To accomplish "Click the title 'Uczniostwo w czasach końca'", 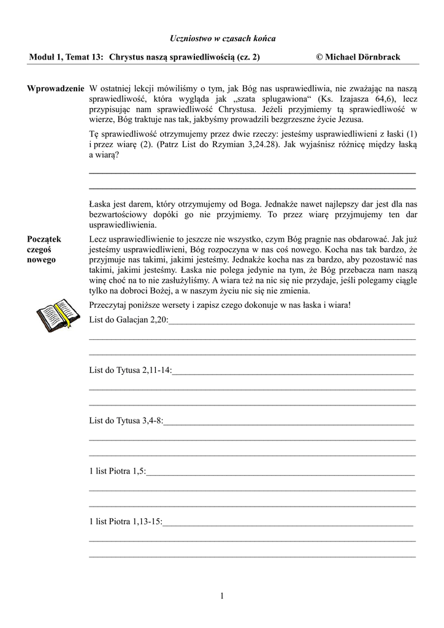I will (x=223, y=39).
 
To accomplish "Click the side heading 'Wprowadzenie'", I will (x=55, y=89).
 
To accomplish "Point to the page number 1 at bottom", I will (x=222, y=595).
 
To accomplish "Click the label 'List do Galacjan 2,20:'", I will (x=128, y=320).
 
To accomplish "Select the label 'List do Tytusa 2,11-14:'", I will (x=131, y=370).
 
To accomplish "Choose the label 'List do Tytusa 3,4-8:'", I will (x=126, y=421).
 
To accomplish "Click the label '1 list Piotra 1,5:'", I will (x=118, y=471).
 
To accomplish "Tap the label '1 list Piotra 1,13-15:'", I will (x=126, y=521).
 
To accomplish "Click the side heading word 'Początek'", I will (x=44, y=239).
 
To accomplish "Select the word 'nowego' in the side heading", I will (x=41, y=259).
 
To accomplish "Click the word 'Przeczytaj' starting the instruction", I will (x=109, y=305).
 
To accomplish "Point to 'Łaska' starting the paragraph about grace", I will (x=99, y=204).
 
